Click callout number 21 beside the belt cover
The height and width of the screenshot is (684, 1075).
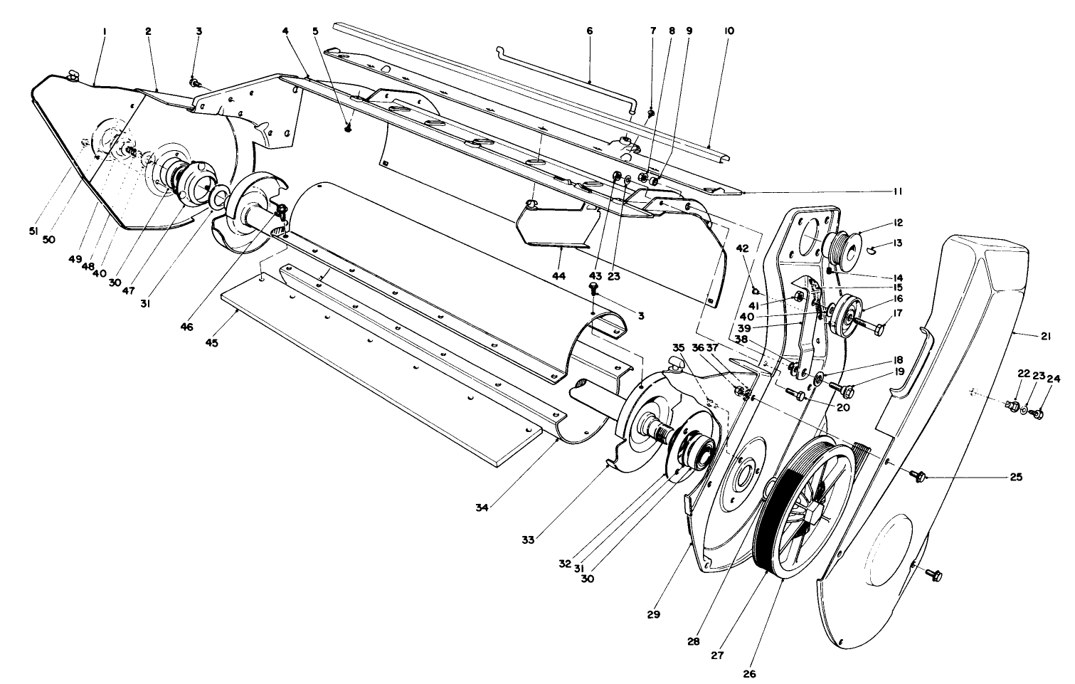tap(1045, 337)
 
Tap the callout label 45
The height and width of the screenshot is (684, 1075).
tap(211, 343)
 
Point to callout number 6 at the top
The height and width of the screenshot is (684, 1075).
tap(589, 31)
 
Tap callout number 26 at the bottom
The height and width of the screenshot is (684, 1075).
tap(749, 672)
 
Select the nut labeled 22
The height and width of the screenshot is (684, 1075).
tap(1010, 406)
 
